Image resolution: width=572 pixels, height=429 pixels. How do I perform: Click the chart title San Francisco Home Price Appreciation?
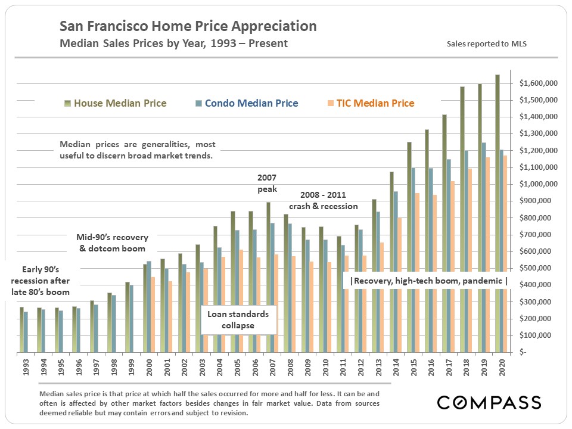(188, 27)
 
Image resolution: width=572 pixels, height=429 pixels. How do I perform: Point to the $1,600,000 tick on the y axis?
(539, 83)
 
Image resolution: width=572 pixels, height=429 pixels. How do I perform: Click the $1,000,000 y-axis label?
(539, 184)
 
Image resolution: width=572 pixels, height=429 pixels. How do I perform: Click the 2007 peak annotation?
(267, 182)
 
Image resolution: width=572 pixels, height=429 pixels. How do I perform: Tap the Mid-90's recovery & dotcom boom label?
(113, 243)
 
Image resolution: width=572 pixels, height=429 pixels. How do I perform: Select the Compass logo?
(489, 402)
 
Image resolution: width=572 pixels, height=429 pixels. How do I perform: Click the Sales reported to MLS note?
(486, 44)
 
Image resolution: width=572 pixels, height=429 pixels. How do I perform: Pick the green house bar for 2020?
(497, 214)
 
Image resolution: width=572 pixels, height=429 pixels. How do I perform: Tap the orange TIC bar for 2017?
(452, 238)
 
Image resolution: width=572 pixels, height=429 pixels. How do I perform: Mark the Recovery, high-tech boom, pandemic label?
(428, 281)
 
